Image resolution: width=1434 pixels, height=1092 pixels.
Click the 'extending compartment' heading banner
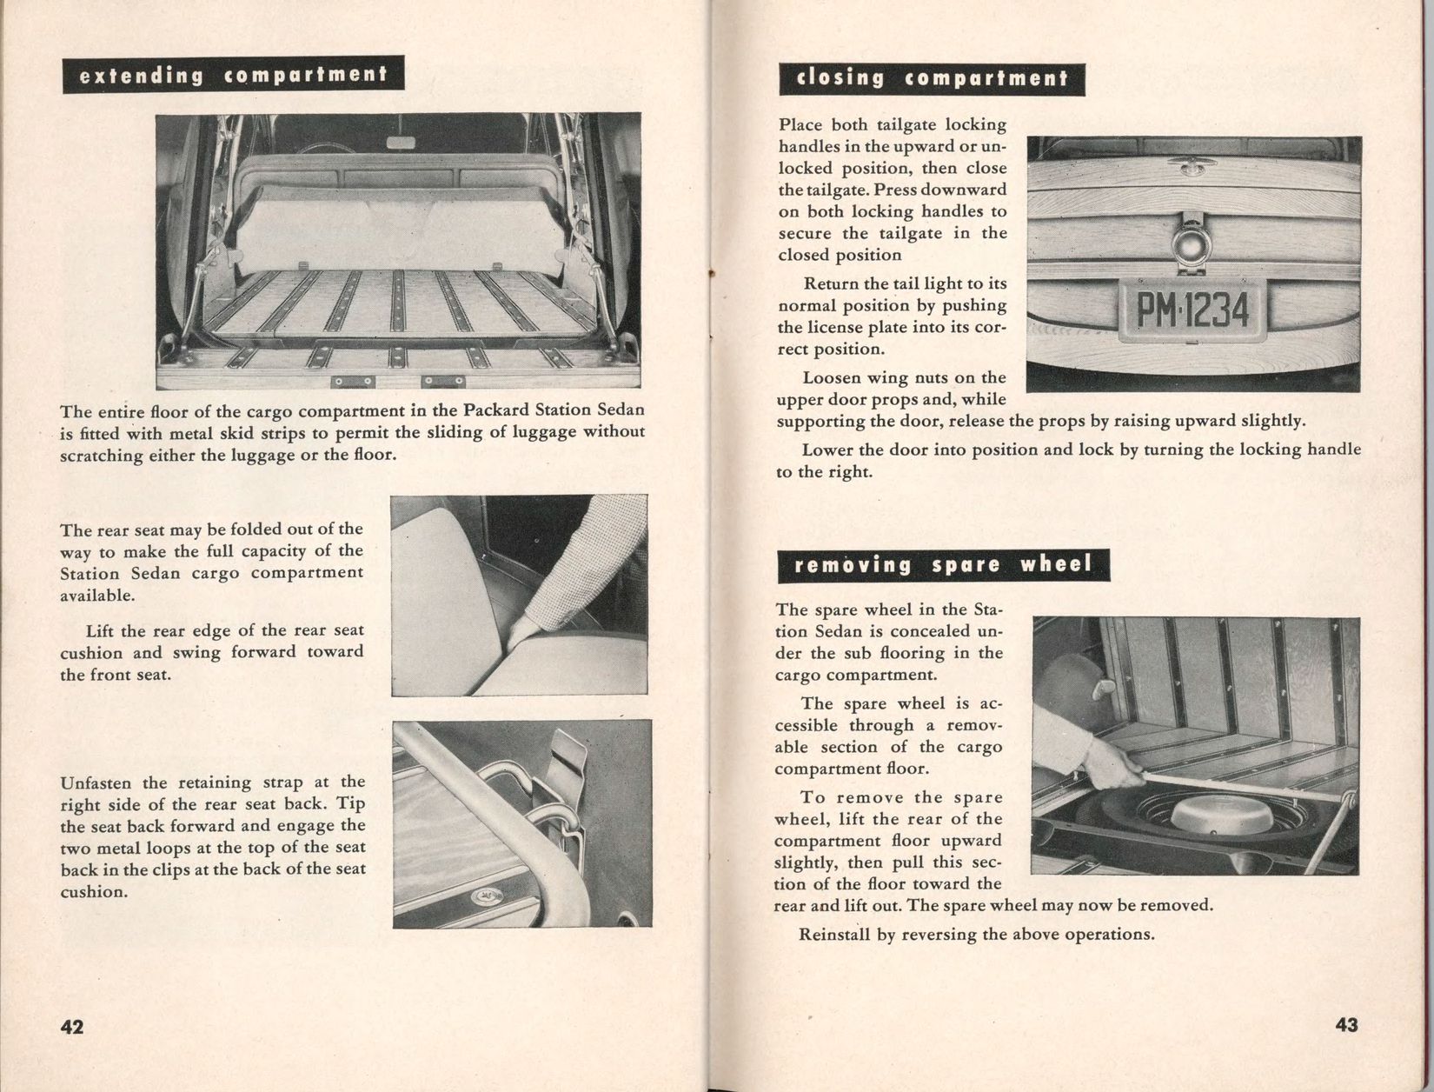(233, 76)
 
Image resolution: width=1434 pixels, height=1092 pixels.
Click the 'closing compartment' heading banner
(932, 79)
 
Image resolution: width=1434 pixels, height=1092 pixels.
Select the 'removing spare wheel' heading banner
(943, 565)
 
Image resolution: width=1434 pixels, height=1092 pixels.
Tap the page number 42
(72, 1027)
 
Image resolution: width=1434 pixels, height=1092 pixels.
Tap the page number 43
(1346, 1025)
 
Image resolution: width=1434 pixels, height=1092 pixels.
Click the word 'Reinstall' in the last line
(835, 936)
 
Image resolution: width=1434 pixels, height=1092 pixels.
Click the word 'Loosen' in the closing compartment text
(831, 378)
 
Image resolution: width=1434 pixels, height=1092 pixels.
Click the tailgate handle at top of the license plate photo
(1191, 162)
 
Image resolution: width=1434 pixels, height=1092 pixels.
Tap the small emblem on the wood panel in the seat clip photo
(479, 897)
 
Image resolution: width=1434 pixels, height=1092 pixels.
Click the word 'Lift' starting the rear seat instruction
(103, 630)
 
